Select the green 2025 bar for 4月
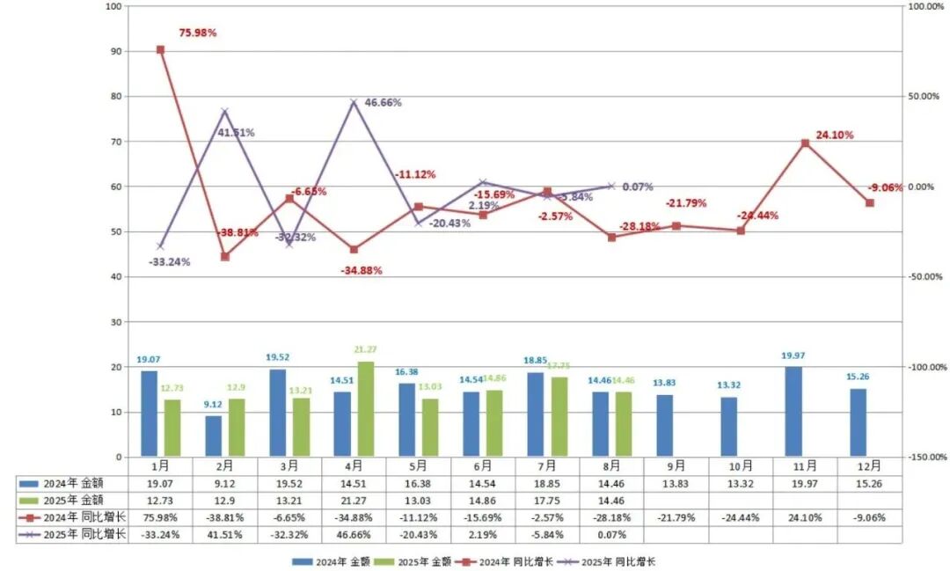pyautogui.click(x=366, y=409)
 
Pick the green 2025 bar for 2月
pyautogui.click(x=237, y=428)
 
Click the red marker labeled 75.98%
pyautogui.click(x=160, y=50)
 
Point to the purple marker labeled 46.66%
pyautogui.click(x=354, y=102)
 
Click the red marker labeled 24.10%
pyautogui.click(x=805, y=143)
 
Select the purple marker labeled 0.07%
pyautogui.click(x=611, y=187)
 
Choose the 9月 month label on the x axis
pyautogui.click(x=676, y=465)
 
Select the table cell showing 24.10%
pyautogui.click(x=805, y=516)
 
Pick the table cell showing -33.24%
pyautogui.click(x=160, y=534)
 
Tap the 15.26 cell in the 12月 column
pyautogui.click(x=869, y=483)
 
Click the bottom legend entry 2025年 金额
pyautogui.click(x=406, y=560)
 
